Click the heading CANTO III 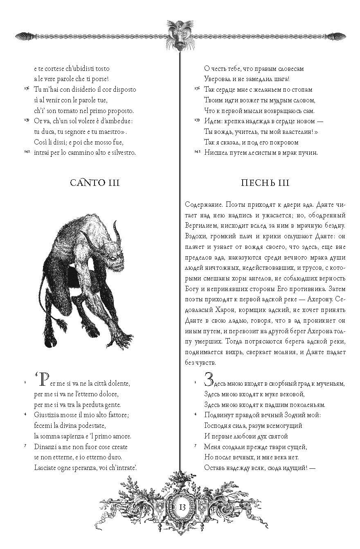coord(94,183)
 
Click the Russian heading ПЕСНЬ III coord(265,183)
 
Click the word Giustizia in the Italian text coord(47,415)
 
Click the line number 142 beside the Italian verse coord(27,152)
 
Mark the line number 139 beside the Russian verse coord(197,121)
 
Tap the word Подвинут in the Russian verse coord(220,415)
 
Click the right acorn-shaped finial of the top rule coord(337,36)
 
